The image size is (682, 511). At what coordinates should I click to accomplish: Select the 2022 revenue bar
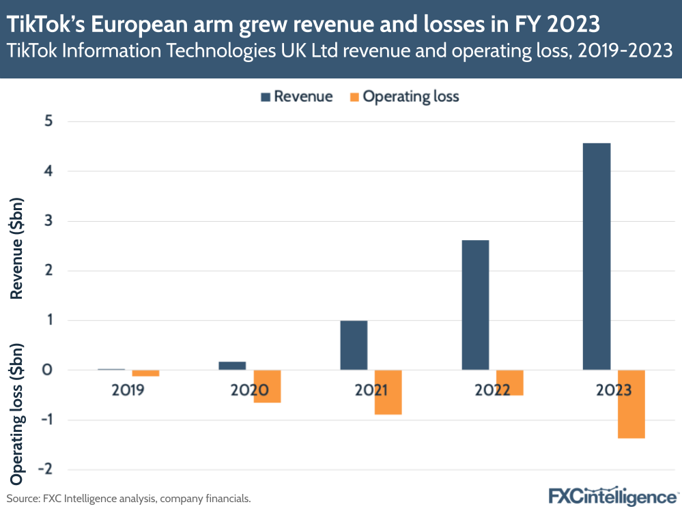click(475, 305)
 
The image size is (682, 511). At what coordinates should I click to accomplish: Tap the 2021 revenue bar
click(354, 345)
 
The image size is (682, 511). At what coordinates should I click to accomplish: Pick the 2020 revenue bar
click(232, 366)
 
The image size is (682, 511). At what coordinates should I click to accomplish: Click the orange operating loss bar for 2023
click(631, 404)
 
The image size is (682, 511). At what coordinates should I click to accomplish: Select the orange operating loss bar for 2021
click(388, 392)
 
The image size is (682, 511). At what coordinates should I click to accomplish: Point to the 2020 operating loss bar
click(267, 386)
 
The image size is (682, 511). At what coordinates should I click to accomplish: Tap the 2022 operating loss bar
click(509, 383)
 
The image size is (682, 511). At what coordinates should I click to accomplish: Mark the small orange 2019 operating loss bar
click(145, 373)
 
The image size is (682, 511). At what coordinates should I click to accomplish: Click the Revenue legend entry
click(296, 97)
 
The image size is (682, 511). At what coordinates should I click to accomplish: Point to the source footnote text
click(129, 499)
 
